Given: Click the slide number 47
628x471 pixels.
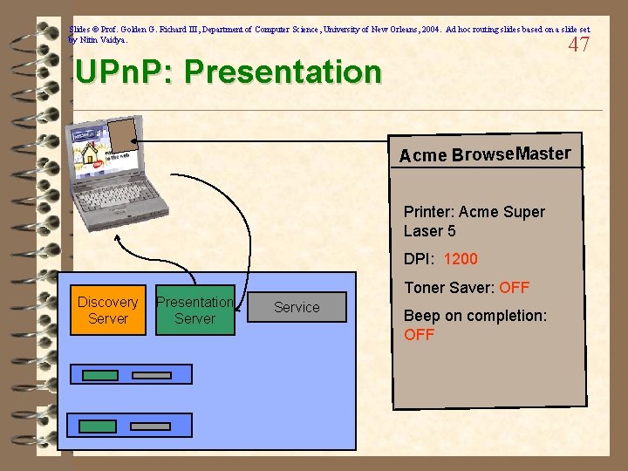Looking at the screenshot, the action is coord(578,45).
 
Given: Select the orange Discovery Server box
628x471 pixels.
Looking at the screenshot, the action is coord(107,311).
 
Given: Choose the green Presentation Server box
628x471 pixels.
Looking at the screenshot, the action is coord(195,311).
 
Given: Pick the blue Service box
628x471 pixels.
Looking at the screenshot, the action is coord(297,307).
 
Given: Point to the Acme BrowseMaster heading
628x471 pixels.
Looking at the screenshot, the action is coord(485,155).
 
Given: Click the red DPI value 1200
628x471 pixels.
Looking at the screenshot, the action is coord(461,259).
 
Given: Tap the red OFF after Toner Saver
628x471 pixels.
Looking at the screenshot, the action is coord(514,288).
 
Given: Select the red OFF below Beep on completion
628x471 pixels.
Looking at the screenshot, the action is coord(419,335).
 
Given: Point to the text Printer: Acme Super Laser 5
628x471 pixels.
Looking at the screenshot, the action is coord(474,222).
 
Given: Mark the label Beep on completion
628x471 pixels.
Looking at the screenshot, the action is coord(475,316).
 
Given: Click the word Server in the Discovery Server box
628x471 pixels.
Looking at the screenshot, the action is coord(107,319).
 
